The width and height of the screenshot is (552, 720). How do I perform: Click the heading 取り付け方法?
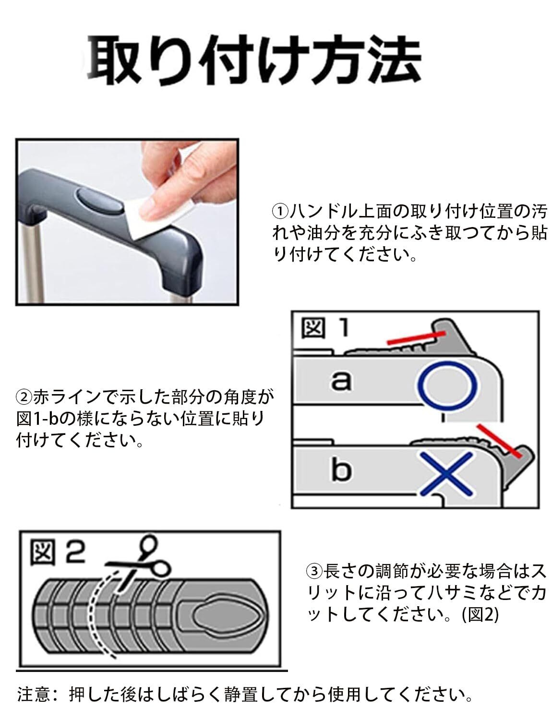254,60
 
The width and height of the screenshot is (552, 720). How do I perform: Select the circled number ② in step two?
24,397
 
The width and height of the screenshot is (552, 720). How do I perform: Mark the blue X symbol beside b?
446,474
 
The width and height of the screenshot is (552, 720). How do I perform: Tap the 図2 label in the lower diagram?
57,553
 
